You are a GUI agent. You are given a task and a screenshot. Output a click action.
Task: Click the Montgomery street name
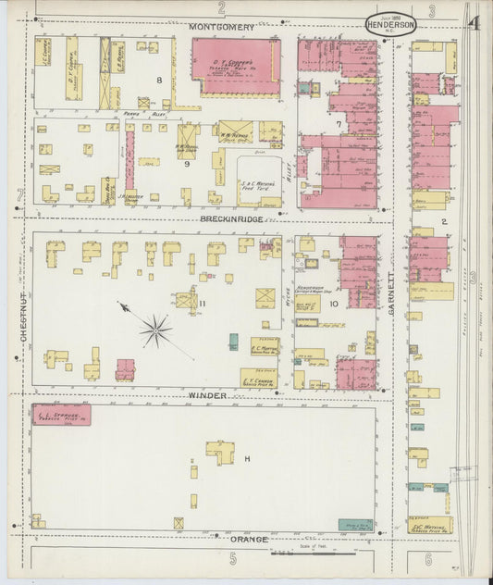tap(221, 27)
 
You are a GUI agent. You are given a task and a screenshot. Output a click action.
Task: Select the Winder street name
tap(207, 395)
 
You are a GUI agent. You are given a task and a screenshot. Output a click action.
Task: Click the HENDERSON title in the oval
tap(390, 25)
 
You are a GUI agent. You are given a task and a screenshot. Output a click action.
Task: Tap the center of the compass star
tap(155, 325)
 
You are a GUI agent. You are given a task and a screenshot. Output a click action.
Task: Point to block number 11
tap(202, 303)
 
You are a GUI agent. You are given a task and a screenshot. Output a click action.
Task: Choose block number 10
tap(333, 303)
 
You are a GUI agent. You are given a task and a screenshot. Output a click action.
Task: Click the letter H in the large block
tap(247, 459)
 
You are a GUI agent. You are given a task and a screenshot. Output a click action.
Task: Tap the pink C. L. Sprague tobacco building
tap(62, 414)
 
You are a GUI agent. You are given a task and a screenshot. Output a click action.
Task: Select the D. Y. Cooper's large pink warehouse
tap(237, 67)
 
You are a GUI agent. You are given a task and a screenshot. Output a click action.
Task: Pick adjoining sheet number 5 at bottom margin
tap(234, 558)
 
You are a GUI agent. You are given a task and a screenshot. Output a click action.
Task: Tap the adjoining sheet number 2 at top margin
tap(221, 7)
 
